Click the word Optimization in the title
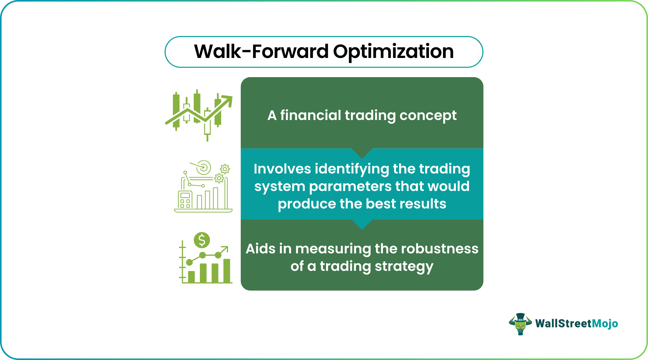(393, 52)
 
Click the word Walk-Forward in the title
(261, 51)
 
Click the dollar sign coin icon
(202, 240)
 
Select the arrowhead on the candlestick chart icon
(228, 100)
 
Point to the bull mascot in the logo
(520, 324)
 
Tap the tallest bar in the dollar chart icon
(227, 271)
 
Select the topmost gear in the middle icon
(225, 169)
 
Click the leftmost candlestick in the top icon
(176, 110)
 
